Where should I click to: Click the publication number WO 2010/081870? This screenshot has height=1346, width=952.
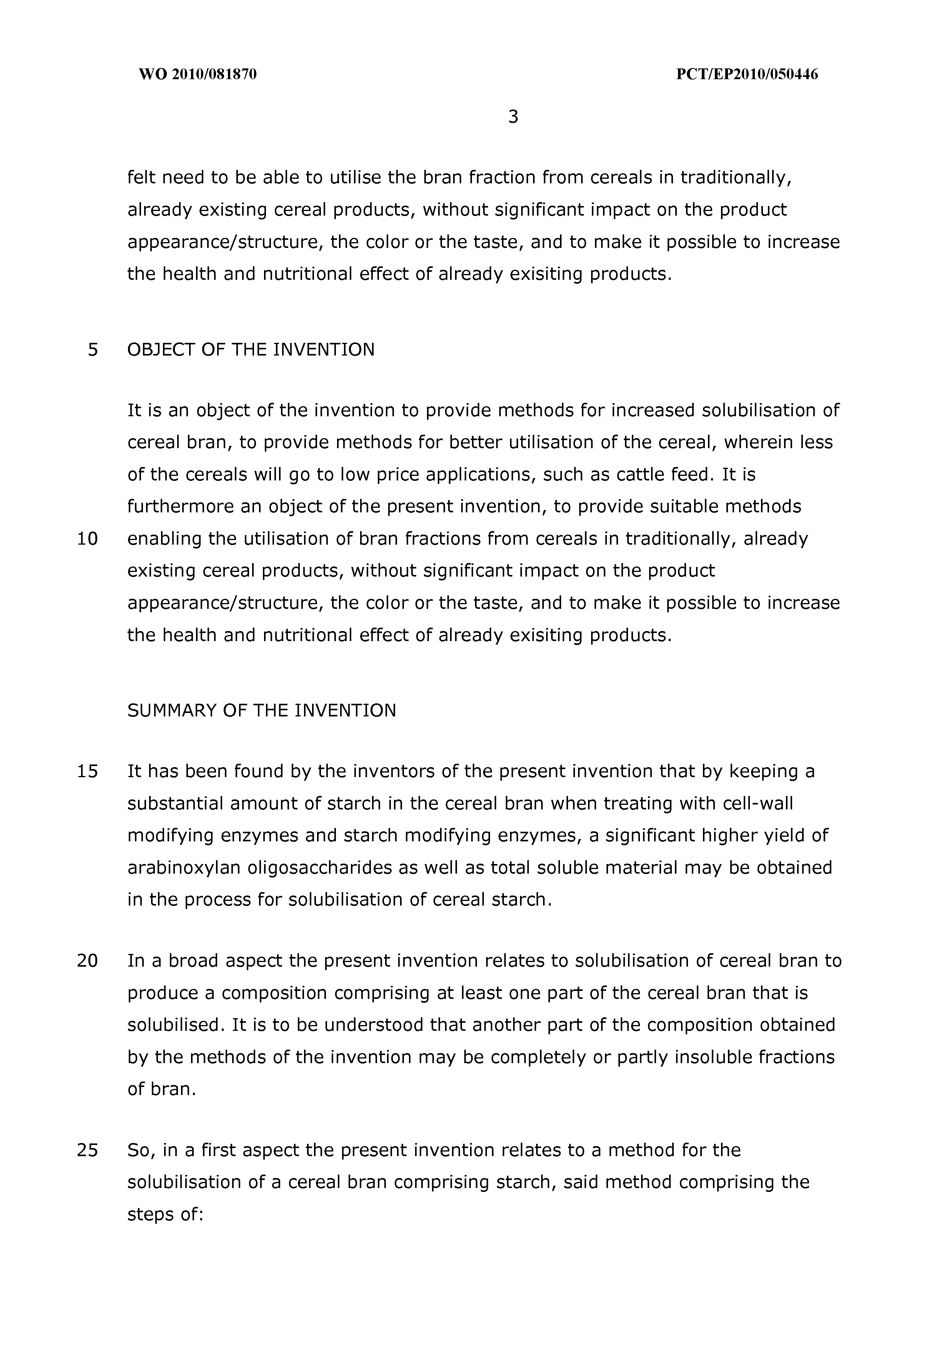click(x=198, y=75)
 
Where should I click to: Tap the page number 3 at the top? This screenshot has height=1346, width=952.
click(x=513, y=117)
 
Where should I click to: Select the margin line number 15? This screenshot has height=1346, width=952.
click(x=87, y=771)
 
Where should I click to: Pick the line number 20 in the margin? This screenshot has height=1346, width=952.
click(x=87, y=960)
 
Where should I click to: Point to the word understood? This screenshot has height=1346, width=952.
click(x=374, y=1024)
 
